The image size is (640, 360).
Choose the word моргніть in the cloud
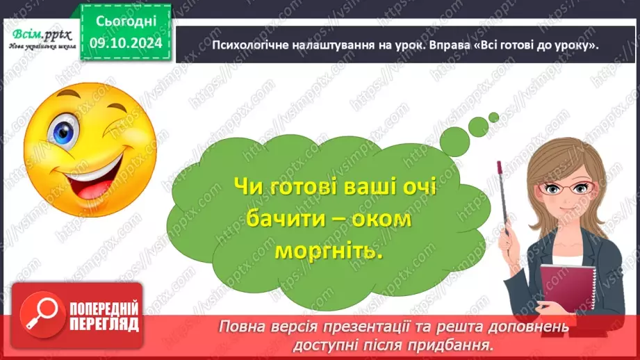tap(329, 251)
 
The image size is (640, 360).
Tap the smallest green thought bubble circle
tap(493, 117)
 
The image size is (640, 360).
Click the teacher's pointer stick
tap(507, 202)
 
